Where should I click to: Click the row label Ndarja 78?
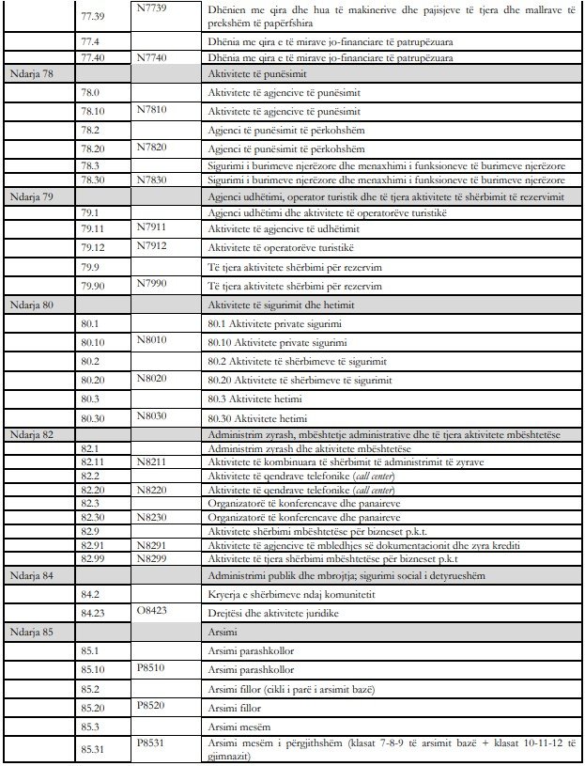[29, 72]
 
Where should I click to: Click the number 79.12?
[94, 247]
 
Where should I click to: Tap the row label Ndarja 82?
[29, 435]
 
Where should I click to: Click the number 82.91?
[94, 544]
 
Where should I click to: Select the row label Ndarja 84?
[29, 574]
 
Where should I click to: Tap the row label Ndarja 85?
[29, 632]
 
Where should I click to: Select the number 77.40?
[94, 57]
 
